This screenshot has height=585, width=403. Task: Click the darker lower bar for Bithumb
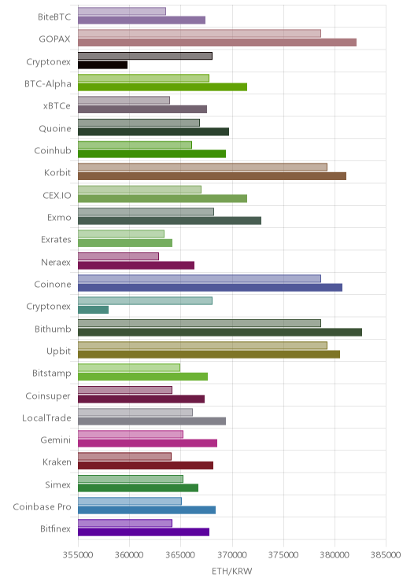click(220, 332)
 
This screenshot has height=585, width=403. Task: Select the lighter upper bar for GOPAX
click(199, 34)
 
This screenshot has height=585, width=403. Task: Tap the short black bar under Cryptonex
click(102, 65)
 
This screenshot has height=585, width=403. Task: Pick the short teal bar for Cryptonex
click(94, 310)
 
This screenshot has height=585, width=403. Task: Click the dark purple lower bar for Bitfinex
click(144, 532)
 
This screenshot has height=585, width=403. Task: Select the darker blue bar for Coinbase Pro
click(146, 510)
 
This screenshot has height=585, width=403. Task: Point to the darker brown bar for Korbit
click(213, 176)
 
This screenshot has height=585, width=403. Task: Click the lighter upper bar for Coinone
click(199, 278)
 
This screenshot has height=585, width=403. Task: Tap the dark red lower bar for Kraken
click(146, 465)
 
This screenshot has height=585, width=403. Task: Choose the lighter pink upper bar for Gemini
click(131, 434)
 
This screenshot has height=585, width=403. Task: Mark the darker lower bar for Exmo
click(169, 220)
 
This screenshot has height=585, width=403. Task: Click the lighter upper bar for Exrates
click(121, 234)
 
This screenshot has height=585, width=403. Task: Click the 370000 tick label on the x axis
click(232, 555)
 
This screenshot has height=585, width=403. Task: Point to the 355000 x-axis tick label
click(78, 555)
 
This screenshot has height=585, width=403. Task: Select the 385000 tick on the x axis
click(386, 555)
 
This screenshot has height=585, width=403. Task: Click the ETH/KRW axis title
click(232, 571)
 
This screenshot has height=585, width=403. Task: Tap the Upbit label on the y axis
click(58, 351)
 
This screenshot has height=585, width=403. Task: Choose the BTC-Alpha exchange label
click(48, 83)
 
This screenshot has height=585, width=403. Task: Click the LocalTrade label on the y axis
click(46, 418)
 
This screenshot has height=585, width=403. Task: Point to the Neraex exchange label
click(56, 263)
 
